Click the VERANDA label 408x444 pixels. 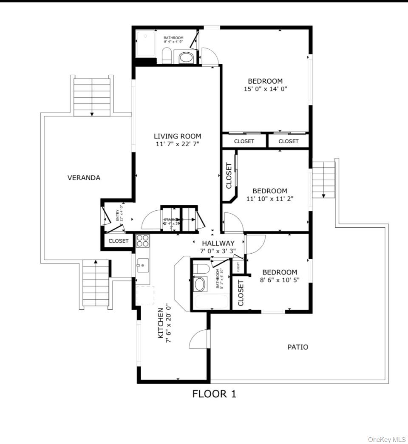click(84, 178)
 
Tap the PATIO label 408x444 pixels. click(297, 347)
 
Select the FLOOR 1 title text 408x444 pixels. click(214, 394)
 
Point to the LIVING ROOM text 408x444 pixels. click(177, 136)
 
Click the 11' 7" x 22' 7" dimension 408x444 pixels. click(177, 144)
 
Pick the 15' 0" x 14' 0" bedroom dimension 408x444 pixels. click(265, 89)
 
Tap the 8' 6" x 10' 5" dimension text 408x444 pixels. click(279, 280)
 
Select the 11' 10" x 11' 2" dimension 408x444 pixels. click(269, 199)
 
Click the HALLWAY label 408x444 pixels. click(218, 243)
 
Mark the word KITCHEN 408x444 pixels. click(161, 323)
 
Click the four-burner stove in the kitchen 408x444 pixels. click(143, 241)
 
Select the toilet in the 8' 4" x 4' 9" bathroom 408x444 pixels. click(167, 56)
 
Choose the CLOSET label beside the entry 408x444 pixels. click(118, 241)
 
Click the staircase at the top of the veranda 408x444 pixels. click(92, 96)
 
